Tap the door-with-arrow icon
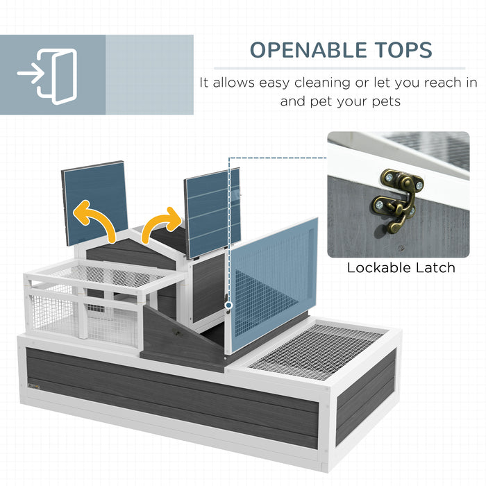47,76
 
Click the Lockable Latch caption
401,268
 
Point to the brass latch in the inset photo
397,200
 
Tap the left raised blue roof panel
95,203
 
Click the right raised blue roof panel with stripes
212,213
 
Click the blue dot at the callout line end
228,305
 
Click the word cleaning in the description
322,83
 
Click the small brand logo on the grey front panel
34,387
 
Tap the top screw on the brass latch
388,178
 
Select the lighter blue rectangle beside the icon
149,75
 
